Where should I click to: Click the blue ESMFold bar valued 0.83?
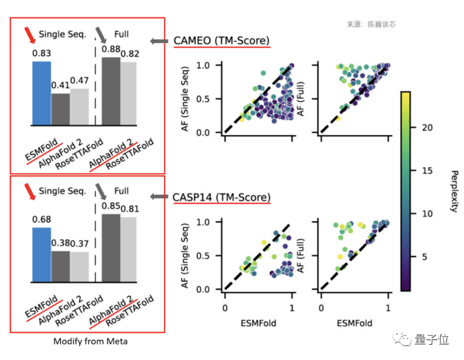pos(42,94)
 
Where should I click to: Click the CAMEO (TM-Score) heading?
pos(222,41)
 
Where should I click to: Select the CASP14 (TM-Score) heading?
pos(222,198)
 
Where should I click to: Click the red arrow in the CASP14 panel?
pos(30,192)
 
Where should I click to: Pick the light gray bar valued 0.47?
pos(79,107)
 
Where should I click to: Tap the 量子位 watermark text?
pos(432,340)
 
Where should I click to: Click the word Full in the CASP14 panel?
pos(122,190)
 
